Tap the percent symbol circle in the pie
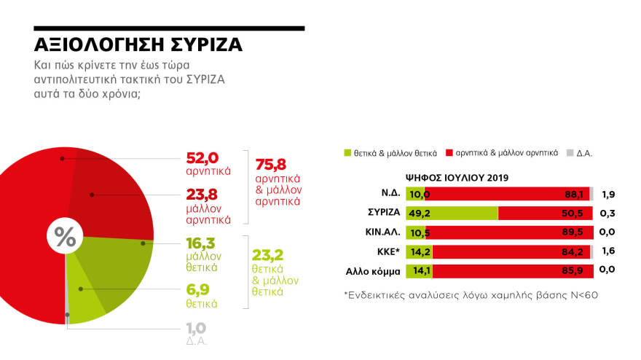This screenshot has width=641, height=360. point(66,237)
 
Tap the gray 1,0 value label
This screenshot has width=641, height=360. point(194,328)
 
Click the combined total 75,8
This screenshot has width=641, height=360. point(271,163)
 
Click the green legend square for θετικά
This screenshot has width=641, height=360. point(347,153)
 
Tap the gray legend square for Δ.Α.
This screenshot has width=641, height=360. point(570,153)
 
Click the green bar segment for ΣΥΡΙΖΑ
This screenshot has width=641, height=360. point(452,214)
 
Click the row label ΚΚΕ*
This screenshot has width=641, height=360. point(386,252)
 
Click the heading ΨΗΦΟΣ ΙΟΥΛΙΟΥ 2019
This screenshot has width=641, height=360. point(457,177)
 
